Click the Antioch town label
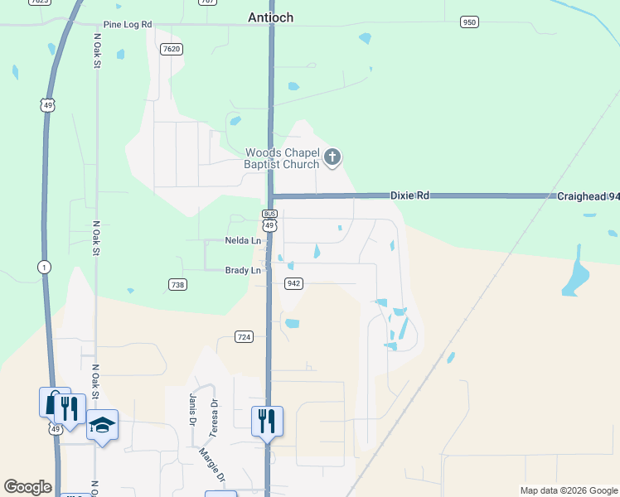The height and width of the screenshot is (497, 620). point(271,17)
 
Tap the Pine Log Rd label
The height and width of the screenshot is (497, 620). point(128,25)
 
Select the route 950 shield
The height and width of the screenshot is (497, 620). point(469,22)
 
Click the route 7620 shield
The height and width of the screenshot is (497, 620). point(172,49)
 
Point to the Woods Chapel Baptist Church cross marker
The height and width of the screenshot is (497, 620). point(332,157)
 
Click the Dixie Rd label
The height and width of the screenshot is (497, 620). point(410,195)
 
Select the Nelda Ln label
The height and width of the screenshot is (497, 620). point(243,241)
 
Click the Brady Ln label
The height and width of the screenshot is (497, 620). point(244,270)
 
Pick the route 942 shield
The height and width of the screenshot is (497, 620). point(293,283)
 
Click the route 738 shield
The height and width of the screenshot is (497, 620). point(177,284)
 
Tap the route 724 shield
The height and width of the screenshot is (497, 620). point(244,336)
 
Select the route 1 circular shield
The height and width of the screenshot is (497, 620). point(42,266)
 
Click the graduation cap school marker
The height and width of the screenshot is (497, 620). point(101,425)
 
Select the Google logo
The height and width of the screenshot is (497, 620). point(27,487)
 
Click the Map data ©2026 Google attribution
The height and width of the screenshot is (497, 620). point(568,490)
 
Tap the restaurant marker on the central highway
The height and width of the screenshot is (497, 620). point(267,421)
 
